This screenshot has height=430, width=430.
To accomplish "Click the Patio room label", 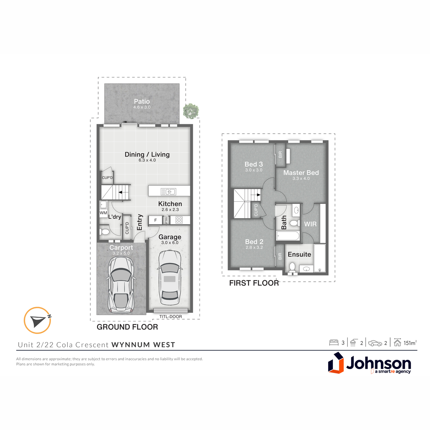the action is tap(142, 101).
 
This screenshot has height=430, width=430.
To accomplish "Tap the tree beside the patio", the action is tap(191, 111).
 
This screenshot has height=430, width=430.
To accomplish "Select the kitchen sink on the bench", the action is tap(168, 191).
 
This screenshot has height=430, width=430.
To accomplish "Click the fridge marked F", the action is tap(156, 220).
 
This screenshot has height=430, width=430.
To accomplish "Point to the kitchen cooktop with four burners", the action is tap(179, 220).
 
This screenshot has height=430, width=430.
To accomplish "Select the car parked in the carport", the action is tap(121, 285).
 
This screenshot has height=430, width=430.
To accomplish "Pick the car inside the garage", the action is tap(170, 278).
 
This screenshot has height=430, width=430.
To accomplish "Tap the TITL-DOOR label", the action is tap(171, 317).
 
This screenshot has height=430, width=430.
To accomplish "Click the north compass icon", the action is tap(38, 320).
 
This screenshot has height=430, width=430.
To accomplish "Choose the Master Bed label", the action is tap(301, 173).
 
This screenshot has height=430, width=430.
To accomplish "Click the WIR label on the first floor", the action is tap(310, 224).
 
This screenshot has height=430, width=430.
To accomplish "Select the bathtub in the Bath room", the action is tap(288, 236).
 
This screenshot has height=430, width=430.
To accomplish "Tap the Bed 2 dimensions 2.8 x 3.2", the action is tap(254, 248).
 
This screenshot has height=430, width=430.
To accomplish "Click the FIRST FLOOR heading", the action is tap(254, 283).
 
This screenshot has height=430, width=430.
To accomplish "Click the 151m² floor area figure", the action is tap(410, 343).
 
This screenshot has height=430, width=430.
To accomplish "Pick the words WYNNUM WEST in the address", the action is tap(143, 345).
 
